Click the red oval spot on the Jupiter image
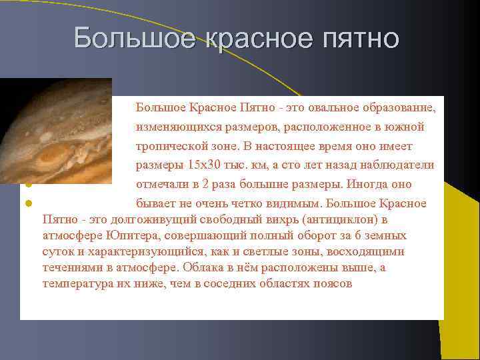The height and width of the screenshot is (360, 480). pyautogui.click(x=50, y=157)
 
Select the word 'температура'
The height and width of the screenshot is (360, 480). pyautogui.click(x=73, y=283)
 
